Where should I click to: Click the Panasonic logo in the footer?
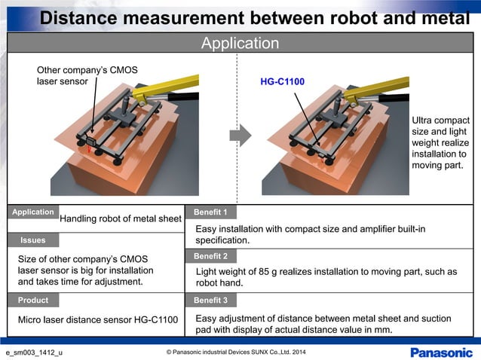tap(441, 352)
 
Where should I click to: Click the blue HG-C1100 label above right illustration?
tap(282, 81)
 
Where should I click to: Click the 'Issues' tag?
tap(33, 240)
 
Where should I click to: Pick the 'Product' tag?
tap(33, 300)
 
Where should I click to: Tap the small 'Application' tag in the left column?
tap(33, 212)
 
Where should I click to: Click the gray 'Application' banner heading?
tap(240, 44)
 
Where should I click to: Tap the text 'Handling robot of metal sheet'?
tap(121, 219)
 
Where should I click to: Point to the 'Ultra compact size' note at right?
tap(440, 126)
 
